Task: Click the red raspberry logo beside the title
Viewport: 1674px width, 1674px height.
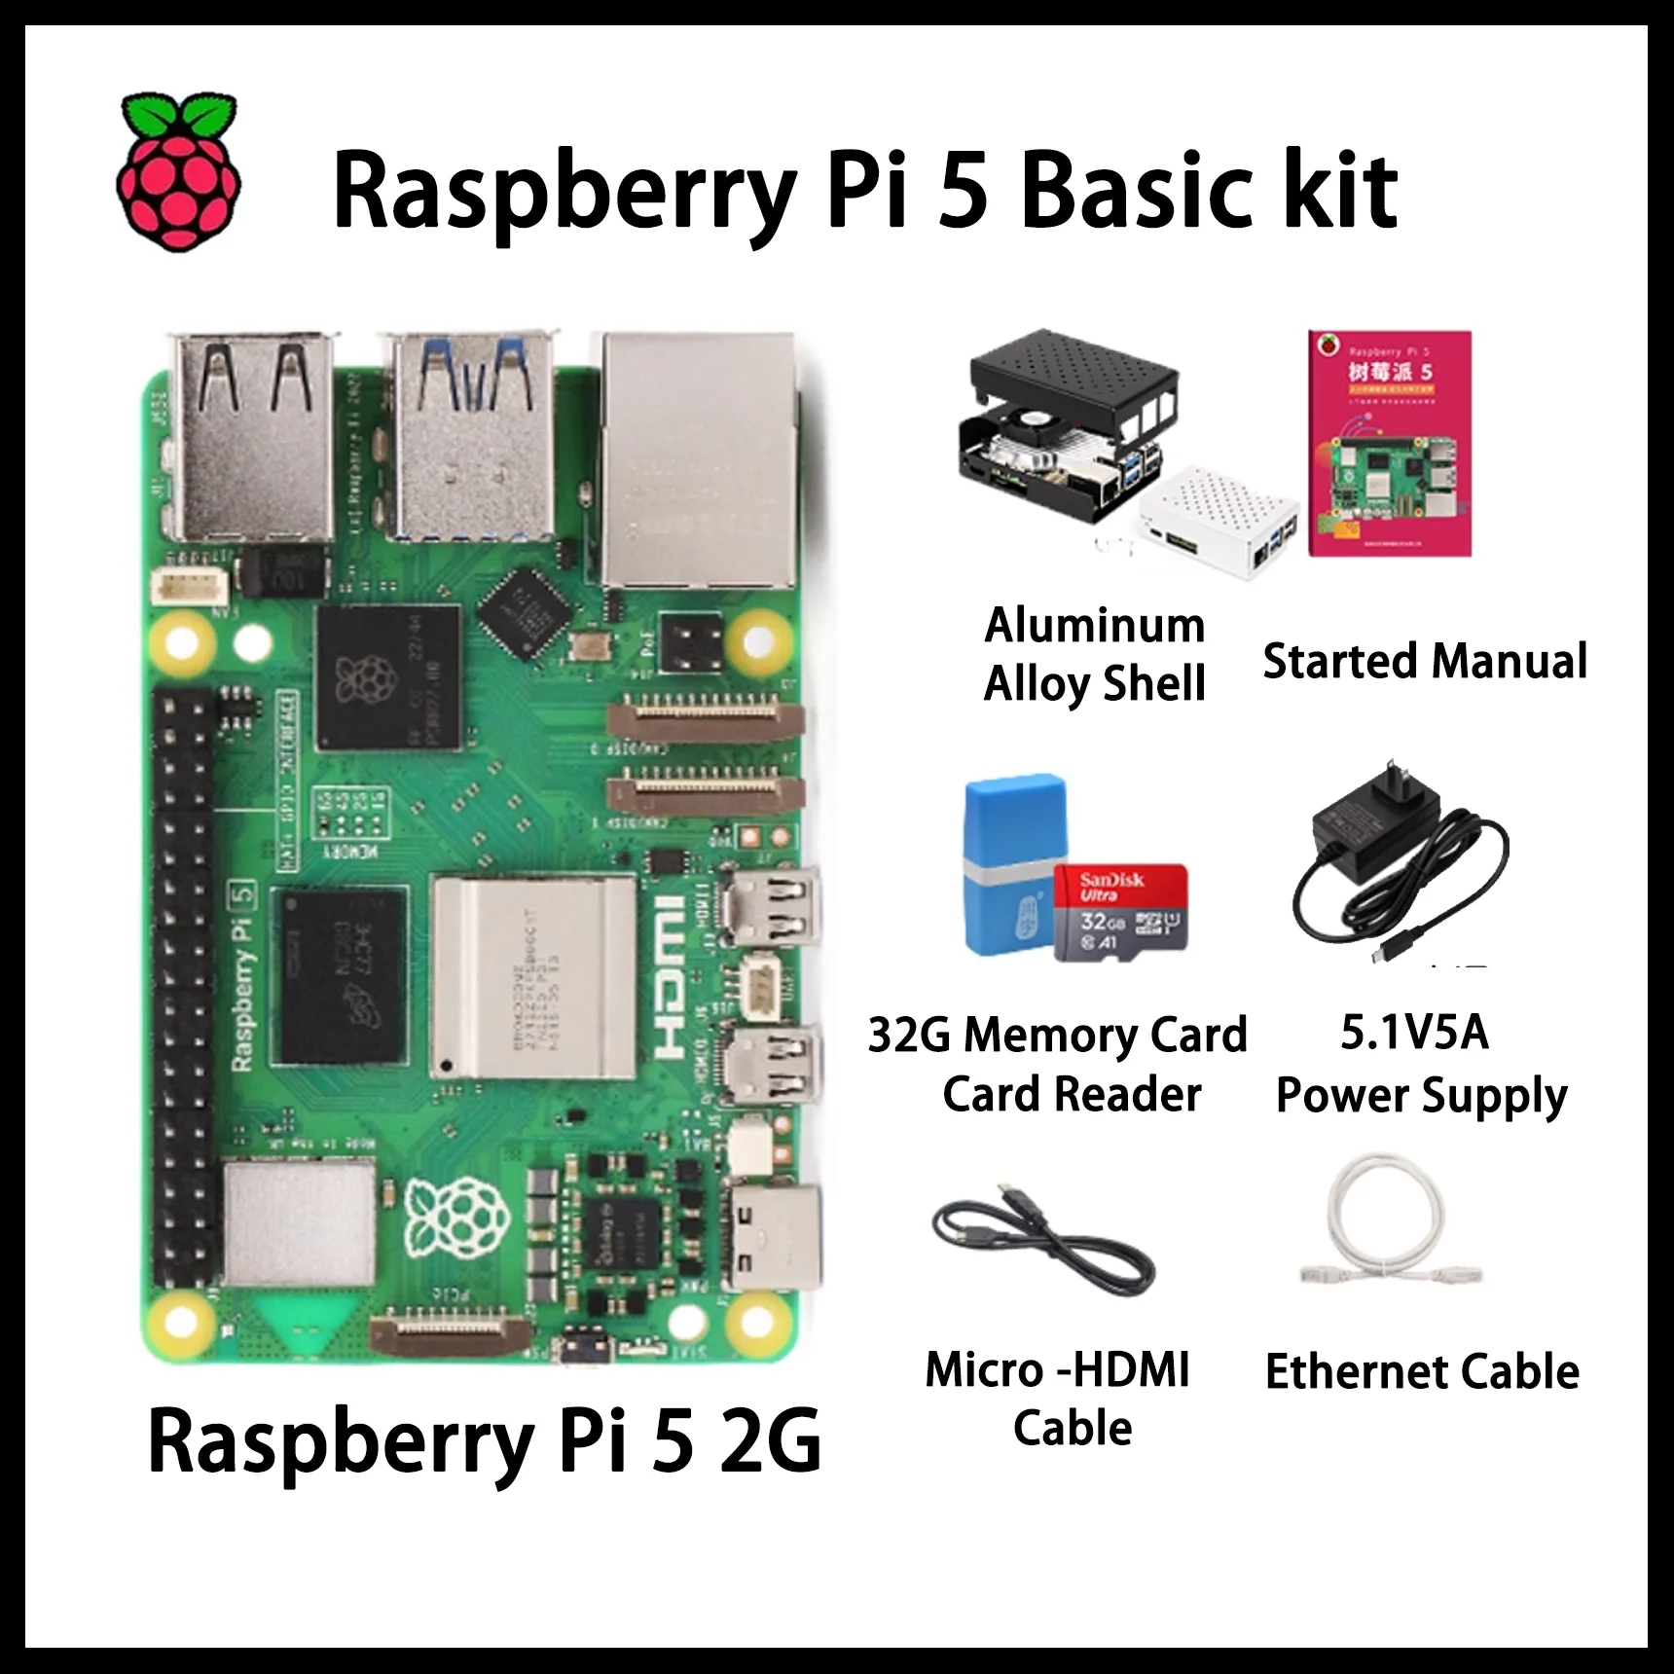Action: click(x=179, y=173)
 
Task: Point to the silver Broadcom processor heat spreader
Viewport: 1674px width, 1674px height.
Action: click(x=533, y=973)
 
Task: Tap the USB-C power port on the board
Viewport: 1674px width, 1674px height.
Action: click(x=774, y=1236)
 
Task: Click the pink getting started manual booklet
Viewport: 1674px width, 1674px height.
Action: click(x=1389, y=444)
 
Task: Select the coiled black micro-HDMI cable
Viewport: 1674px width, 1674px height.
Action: click(x=1041, y=1246)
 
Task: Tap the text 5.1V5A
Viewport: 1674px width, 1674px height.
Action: click(x=1414, y=1033)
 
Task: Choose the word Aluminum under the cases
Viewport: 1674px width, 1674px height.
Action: click(x=1094, y=625)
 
